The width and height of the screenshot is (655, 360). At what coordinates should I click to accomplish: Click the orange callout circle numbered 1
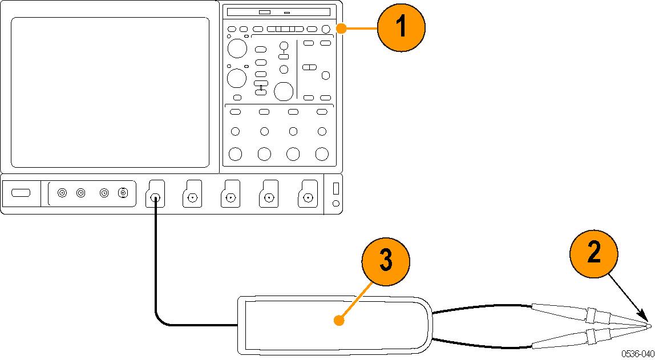pyautogui.click(x=401, y=27)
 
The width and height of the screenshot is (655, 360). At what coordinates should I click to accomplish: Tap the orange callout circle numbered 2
pyautogui.click(x=594, y=252)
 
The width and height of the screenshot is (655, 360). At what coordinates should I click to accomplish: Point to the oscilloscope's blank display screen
pyautogui.click(x=110, y=92)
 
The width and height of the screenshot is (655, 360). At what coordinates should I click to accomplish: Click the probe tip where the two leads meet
pyautogui.click(x=650, y=326)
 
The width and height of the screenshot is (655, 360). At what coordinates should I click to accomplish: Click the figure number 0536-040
pyautogui.click(x=638, y=354)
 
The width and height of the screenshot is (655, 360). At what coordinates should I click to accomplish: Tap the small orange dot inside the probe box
pyautogui.click(x=339, y=321)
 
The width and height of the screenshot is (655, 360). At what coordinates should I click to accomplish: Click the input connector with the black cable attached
pyautogui.click(x=155, y=198)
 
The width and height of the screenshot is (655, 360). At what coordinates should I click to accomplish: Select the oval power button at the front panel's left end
pyautogui.click(x=21, y=193)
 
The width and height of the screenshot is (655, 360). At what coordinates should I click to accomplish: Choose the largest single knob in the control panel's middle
pyautogui.click(x=284, y=91)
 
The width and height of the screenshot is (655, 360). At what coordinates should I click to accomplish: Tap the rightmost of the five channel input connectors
pyautogui.click(x=308, y=198)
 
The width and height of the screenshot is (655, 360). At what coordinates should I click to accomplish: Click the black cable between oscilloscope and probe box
pyautogui.click(x=156, y=268)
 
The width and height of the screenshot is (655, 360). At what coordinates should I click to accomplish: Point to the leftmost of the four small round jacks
pyautogui.click(x=62, y=193)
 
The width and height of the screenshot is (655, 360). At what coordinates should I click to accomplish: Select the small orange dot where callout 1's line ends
pyautogui.click(x=340, y=27)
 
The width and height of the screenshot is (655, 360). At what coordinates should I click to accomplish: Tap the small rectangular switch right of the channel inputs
pyautogui.click(x=335, y=188)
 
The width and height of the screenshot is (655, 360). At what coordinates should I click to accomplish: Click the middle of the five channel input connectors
pyautogui.click(x=231, y=198)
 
